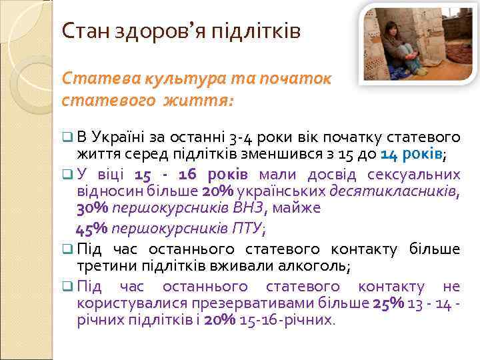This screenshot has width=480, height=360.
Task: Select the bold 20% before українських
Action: (217, 191)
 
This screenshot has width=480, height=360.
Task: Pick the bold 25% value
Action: (387, 303)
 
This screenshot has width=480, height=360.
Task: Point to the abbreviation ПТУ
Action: (247, 229)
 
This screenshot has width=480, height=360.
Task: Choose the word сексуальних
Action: (416, 175)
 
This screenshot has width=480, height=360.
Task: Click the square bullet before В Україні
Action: (67, 137)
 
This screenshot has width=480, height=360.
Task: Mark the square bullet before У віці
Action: (67, 175)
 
